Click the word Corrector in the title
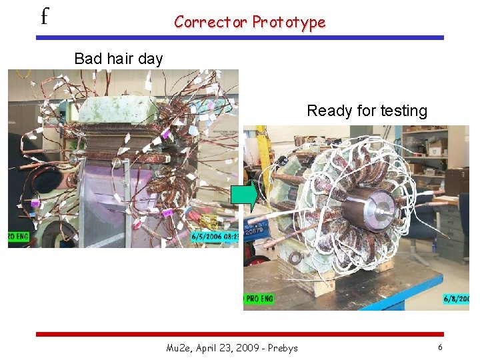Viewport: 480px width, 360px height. pos(211,22)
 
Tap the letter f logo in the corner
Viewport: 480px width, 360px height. pos(44,16)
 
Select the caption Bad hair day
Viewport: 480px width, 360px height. pos(119,59)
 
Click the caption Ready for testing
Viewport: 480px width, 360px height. pos(367,111)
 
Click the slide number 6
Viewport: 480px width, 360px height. pos(440,347)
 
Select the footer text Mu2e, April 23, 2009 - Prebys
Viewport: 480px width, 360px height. pos(232,347)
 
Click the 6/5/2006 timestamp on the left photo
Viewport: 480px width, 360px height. pos(213,236)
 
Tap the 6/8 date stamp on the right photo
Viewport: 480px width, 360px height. pos(456,299)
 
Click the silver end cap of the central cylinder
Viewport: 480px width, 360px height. pos(376,201)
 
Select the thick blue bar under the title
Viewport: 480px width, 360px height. pos(239,38)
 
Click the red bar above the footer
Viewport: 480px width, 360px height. pos(239,333)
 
